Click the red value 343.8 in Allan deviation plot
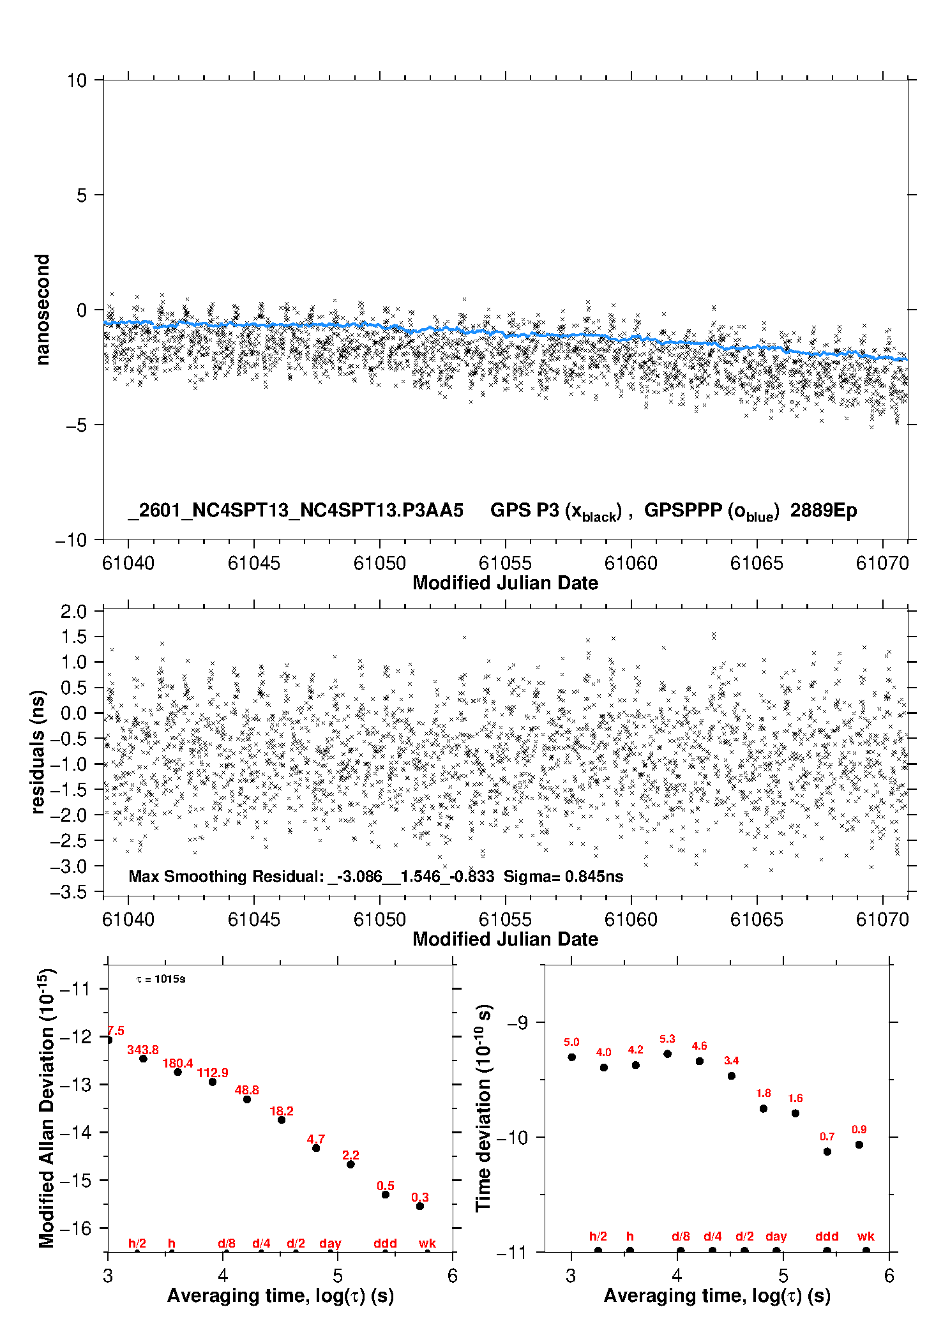pyautogui.click(x=142, y=1050)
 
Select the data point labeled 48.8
pyautogui.click(x=247, y=1099)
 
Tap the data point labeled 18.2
pyautogui.click(x=282, y=1120)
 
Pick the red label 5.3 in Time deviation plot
pyautogui.click(x=667, y=1039)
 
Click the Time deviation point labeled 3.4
pyautogui.click(x=732, y=1076)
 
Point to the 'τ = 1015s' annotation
pyautogui.click(x=161, y=979)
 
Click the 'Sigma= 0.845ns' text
pyautogui.click(x=563, y=876)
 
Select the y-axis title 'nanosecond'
pyautogui.click(x=42, y=310)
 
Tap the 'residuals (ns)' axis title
pyautogui.click(x=38, y=751)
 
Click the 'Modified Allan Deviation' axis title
pyautogui.click(x=47, y=1108)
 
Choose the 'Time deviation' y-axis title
pyautogui.click(x=483, y=1108)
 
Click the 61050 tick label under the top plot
pyautogui.click(x=379, y=563)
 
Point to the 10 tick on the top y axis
pyautogui.click(x=77, y=80)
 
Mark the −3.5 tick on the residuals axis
pyautogui.click(x=68, y=892)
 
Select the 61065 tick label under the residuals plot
pyautogui.click(x=756, y=919)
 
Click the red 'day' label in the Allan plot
pyautogui.click(x=330, y=1243)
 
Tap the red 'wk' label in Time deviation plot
pyautogui.click(x=866, y=1236)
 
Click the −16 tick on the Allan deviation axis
pyautogui.click(x=75, y=1228)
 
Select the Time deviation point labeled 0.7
pyautogui.click(x=827, y=1151)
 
